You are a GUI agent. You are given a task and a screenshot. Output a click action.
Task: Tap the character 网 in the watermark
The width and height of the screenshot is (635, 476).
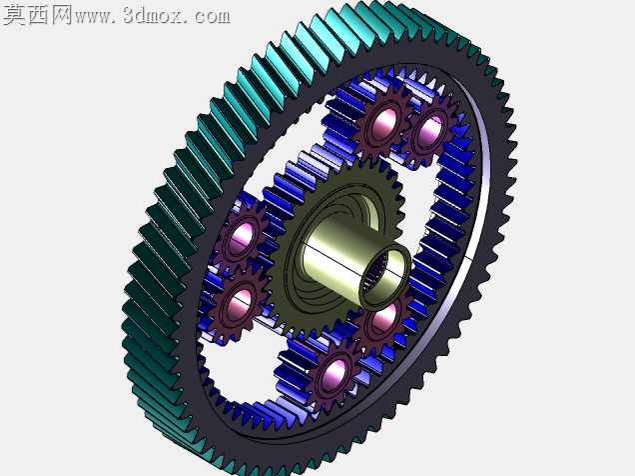coord(61,15)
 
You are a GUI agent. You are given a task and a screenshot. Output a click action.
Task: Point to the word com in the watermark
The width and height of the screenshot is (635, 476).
coord(212,17)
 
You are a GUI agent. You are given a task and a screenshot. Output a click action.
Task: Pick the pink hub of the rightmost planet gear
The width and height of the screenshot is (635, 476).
coord(428,131)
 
